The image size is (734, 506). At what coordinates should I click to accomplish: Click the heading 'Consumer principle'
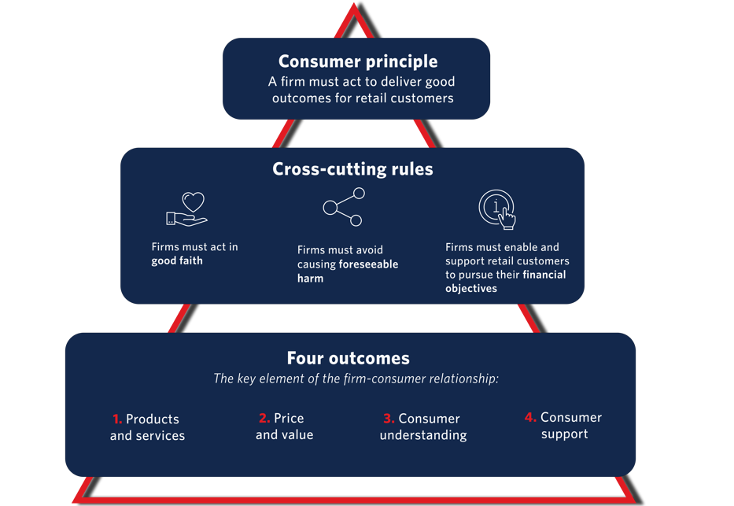pyautogui.click(x=358, y=61)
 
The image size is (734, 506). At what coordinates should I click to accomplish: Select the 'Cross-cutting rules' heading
pyautogui.click(x=352, y=169)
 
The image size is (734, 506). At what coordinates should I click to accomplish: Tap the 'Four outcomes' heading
pyautogui.click(x=348, y=359)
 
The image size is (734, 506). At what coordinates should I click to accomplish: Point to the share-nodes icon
pyautogui.click(x=344, y=207)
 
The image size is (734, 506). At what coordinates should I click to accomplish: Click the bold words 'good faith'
pyautogui.click(x=177, y=260)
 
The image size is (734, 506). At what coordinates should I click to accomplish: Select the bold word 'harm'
pyautogui.click(x=310, y=279)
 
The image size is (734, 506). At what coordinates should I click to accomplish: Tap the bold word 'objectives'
pyautogui.click(x=471, y=289)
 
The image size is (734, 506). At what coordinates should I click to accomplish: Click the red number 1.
pyautogui.click(x=117, y=419)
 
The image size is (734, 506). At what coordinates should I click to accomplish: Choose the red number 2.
pyautogui.click(x=264, y=418)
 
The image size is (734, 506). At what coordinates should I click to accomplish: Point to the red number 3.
pyautogui.click(x=389, y=419)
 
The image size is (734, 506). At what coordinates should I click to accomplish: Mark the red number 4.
pyautogui.click(x=530, y=417)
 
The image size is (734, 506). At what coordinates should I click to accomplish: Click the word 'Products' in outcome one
pyautogui.click(x=153, y=419)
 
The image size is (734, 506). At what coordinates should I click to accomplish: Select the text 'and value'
pyautogui.click(x=284, y=434)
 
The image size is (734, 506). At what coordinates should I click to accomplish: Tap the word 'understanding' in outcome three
pyautogui.click(x=423, y=435)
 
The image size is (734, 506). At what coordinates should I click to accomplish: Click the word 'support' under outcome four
pyautogui.click(x=564, y=434)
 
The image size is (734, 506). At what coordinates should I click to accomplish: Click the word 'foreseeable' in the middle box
pyautogui.click(x=368, y=264)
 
